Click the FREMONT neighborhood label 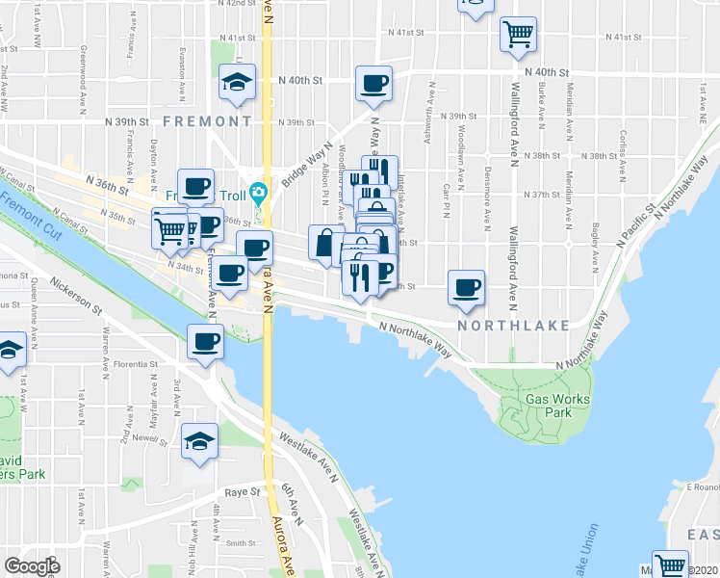pos(207,121)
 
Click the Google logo pos(33,565)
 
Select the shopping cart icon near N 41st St pos(518,35)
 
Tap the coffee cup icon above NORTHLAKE pos(467,287)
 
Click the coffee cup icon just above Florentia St pos(206,340)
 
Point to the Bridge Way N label pos(306,166)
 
